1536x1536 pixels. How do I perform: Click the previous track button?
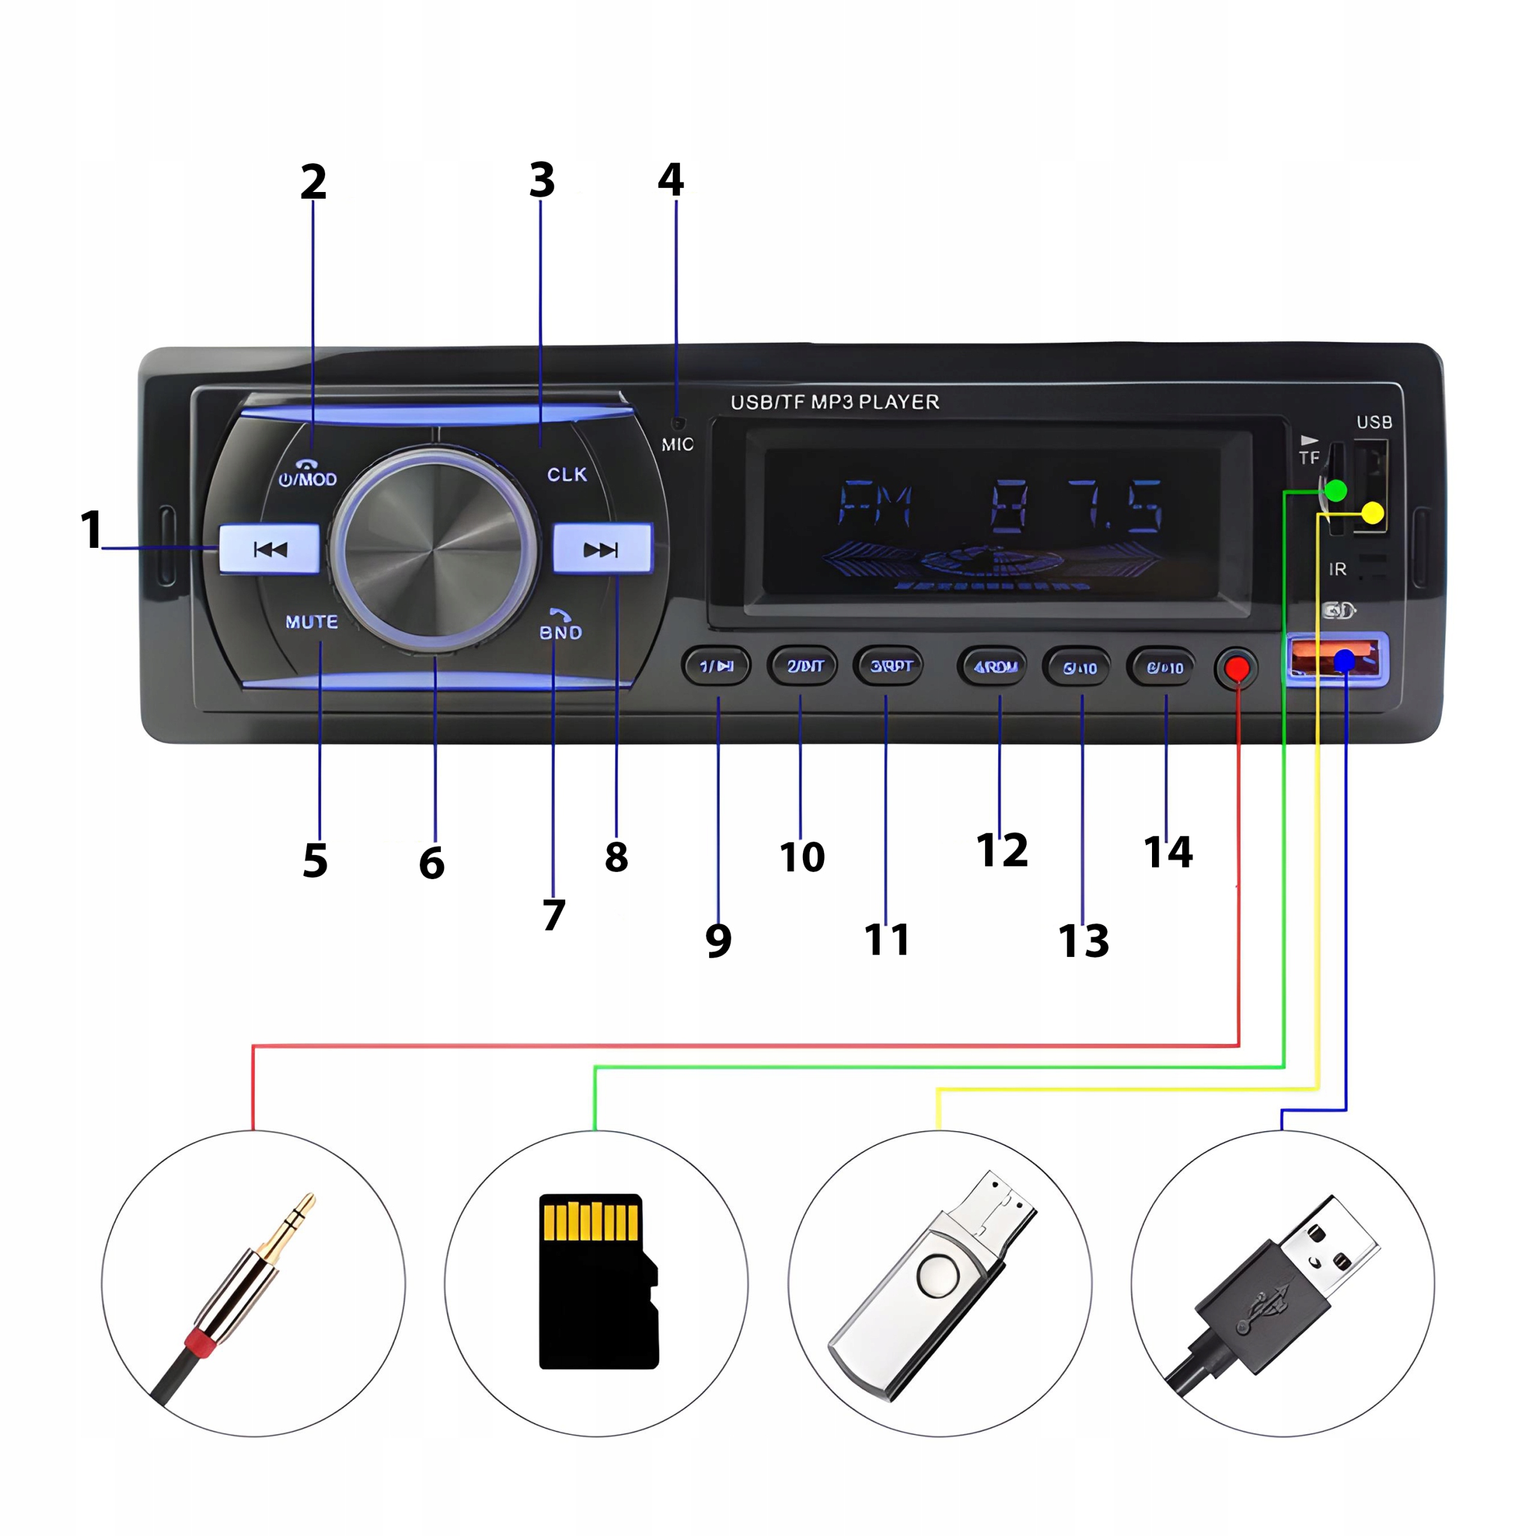click(x=269, y=548)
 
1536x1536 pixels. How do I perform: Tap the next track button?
click(x=602, y=548)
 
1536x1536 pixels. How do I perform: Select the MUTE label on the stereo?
click(x=311, y=622)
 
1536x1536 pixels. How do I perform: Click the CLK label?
click(x=567, y=475)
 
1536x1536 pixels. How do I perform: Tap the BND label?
click(x=560, y=632)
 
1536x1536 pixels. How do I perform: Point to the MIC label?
click(x=677, y=445)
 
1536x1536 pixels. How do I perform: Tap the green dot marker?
click(x=1336, y=491)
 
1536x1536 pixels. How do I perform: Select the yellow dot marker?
click(x=1373, y=513)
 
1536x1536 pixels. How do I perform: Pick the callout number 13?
click(x=1083, y=941)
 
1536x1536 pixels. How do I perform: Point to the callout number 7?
click(x=554, y=915)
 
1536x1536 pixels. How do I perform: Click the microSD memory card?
click(x=598, y=1281)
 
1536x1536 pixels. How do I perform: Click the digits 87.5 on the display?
click(x=1077, y=506)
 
